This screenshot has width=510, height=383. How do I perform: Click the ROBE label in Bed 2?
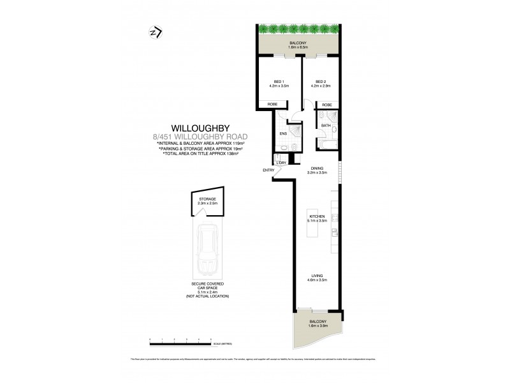(326, 105)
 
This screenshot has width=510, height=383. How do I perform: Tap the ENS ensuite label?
(283, 133)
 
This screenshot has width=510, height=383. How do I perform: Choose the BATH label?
(326, 126)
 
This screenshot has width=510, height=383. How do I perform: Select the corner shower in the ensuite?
(295, 130)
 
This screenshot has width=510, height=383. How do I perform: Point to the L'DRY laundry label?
(282, 163)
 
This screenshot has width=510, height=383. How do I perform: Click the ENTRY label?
(268, 170)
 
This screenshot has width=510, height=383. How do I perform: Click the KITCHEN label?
(317, 217)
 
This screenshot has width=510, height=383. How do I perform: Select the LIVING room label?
(317, 276)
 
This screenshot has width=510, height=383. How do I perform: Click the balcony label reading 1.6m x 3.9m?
(317, 326)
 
